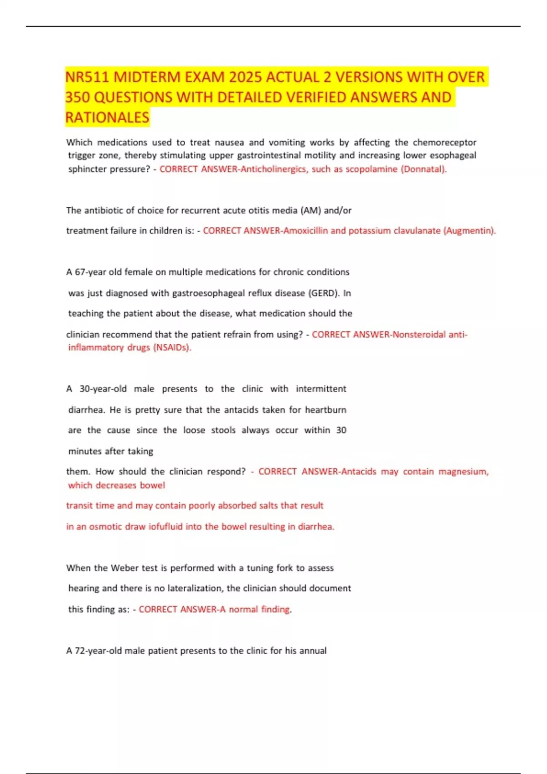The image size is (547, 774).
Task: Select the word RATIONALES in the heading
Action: click(x=107, y=117)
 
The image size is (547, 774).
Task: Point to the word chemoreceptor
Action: click(x=444, y=143)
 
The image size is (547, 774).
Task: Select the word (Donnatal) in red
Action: click(x=423, y=169)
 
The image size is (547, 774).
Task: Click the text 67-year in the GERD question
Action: click(x=90, y=272)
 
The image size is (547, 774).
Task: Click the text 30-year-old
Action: click(x=103, y=389)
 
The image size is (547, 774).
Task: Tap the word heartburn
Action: click(x=325, y=410)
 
